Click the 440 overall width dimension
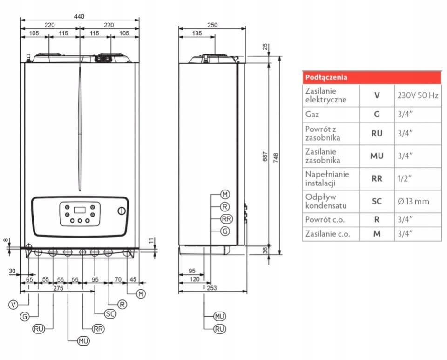coord(80,16)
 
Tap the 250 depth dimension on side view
coord(212,26)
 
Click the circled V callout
coord(14,305)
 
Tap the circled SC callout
coord(110,313)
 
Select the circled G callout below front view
coord(25,317)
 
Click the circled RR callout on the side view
coord(226,218)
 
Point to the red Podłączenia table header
coord(372,77)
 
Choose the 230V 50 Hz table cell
coord(418,95)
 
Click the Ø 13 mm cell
coord(413,202)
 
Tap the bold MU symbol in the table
coord(377,156)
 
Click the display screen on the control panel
coord(80,208)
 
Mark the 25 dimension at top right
coord(265,47)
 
